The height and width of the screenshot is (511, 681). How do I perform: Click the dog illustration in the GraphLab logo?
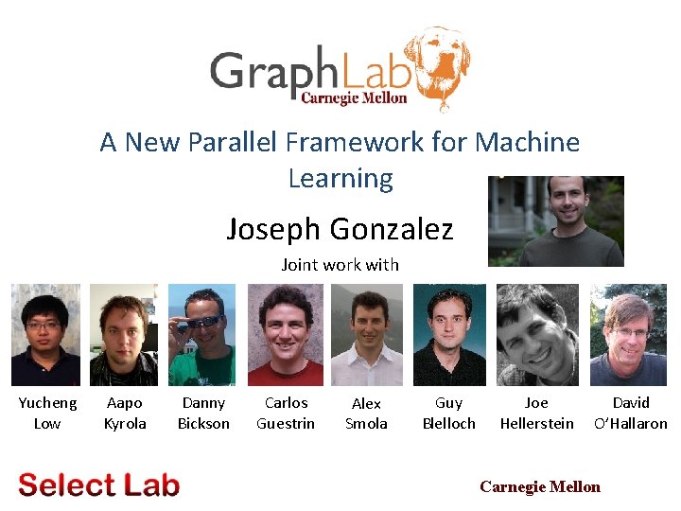pyautogui.click(x=440, y=66)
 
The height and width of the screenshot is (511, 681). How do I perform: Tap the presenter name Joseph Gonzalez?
pyautogui.click(x=340, y=228)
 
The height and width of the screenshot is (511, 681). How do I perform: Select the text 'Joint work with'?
pyautogui.click(x=340, y=265)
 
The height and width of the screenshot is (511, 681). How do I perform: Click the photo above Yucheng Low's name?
pyautogui.click(x=45, y=335)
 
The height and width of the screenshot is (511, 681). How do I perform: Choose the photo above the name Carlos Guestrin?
pyautogui.click(x=286, y=335)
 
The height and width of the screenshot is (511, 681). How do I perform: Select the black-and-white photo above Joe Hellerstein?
pyautogui.click(x=536, y=335)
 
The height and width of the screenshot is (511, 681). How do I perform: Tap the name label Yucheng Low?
pyautogui.click(x=47, y=414)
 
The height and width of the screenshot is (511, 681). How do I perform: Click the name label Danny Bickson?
pyautogui.click(x=203, y=414)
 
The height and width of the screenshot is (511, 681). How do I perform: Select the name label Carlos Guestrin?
pyautogui.click(x=286, y=414)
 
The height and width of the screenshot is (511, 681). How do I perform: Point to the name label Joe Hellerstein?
pyautogui.click(x=536, y=414)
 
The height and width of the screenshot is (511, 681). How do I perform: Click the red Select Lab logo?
pyautogui.click(x=98, y=485)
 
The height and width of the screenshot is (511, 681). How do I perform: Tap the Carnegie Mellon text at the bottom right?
pyautogui.click(x=540, y=486)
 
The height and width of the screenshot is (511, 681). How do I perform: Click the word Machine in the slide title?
pyautogui.click(x=528, y=143)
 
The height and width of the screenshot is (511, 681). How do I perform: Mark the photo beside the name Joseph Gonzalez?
pyautogui.click(x=556, y=221)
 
